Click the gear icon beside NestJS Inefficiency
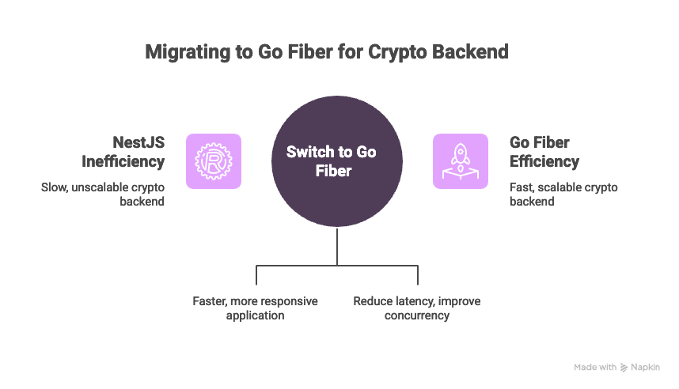click(214, 161)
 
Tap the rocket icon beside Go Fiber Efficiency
click(460, 161)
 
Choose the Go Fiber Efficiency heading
click(545, 152)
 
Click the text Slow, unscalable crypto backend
click(103, 194)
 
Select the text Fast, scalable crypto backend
click(563, 194)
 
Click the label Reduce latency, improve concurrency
click(416, 308)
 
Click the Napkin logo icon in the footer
click(624, 367)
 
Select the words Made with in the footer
click(595, 367)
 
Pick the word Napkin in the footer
click(645, 367)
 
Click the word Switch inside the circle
click(309, 152)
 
